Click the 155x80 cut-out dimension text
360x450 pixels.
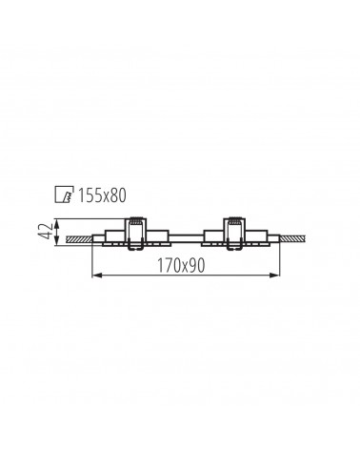coord(102,195)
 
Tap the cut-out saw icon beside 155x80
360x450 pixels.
coord(64,194)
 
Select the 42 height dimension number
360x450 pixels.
coord(45,232)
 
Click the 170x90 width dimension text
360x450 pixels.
coord(181,266)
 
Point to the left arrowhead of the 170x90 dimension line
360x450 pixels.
coord(96,276)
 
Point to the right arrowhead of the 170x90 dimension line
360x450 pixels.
coord(275,276)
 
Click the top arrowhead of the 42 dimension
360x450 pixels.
coord(56,223)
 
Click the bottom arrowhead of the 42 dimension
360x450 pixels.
coord(56,240)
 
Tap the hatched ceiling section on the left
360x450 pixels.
coord(79,239)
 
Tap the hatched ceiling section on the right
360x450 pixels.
coord(292,238)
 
